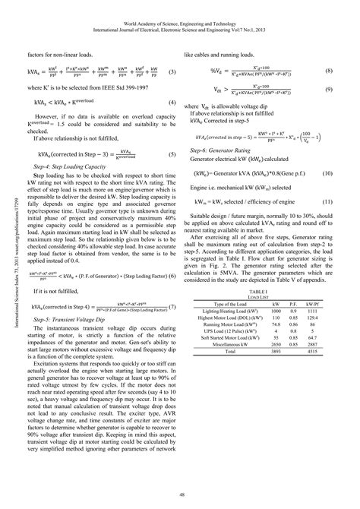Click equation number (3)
coord(172,72)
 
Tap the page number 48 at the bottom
coord(181,495)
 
